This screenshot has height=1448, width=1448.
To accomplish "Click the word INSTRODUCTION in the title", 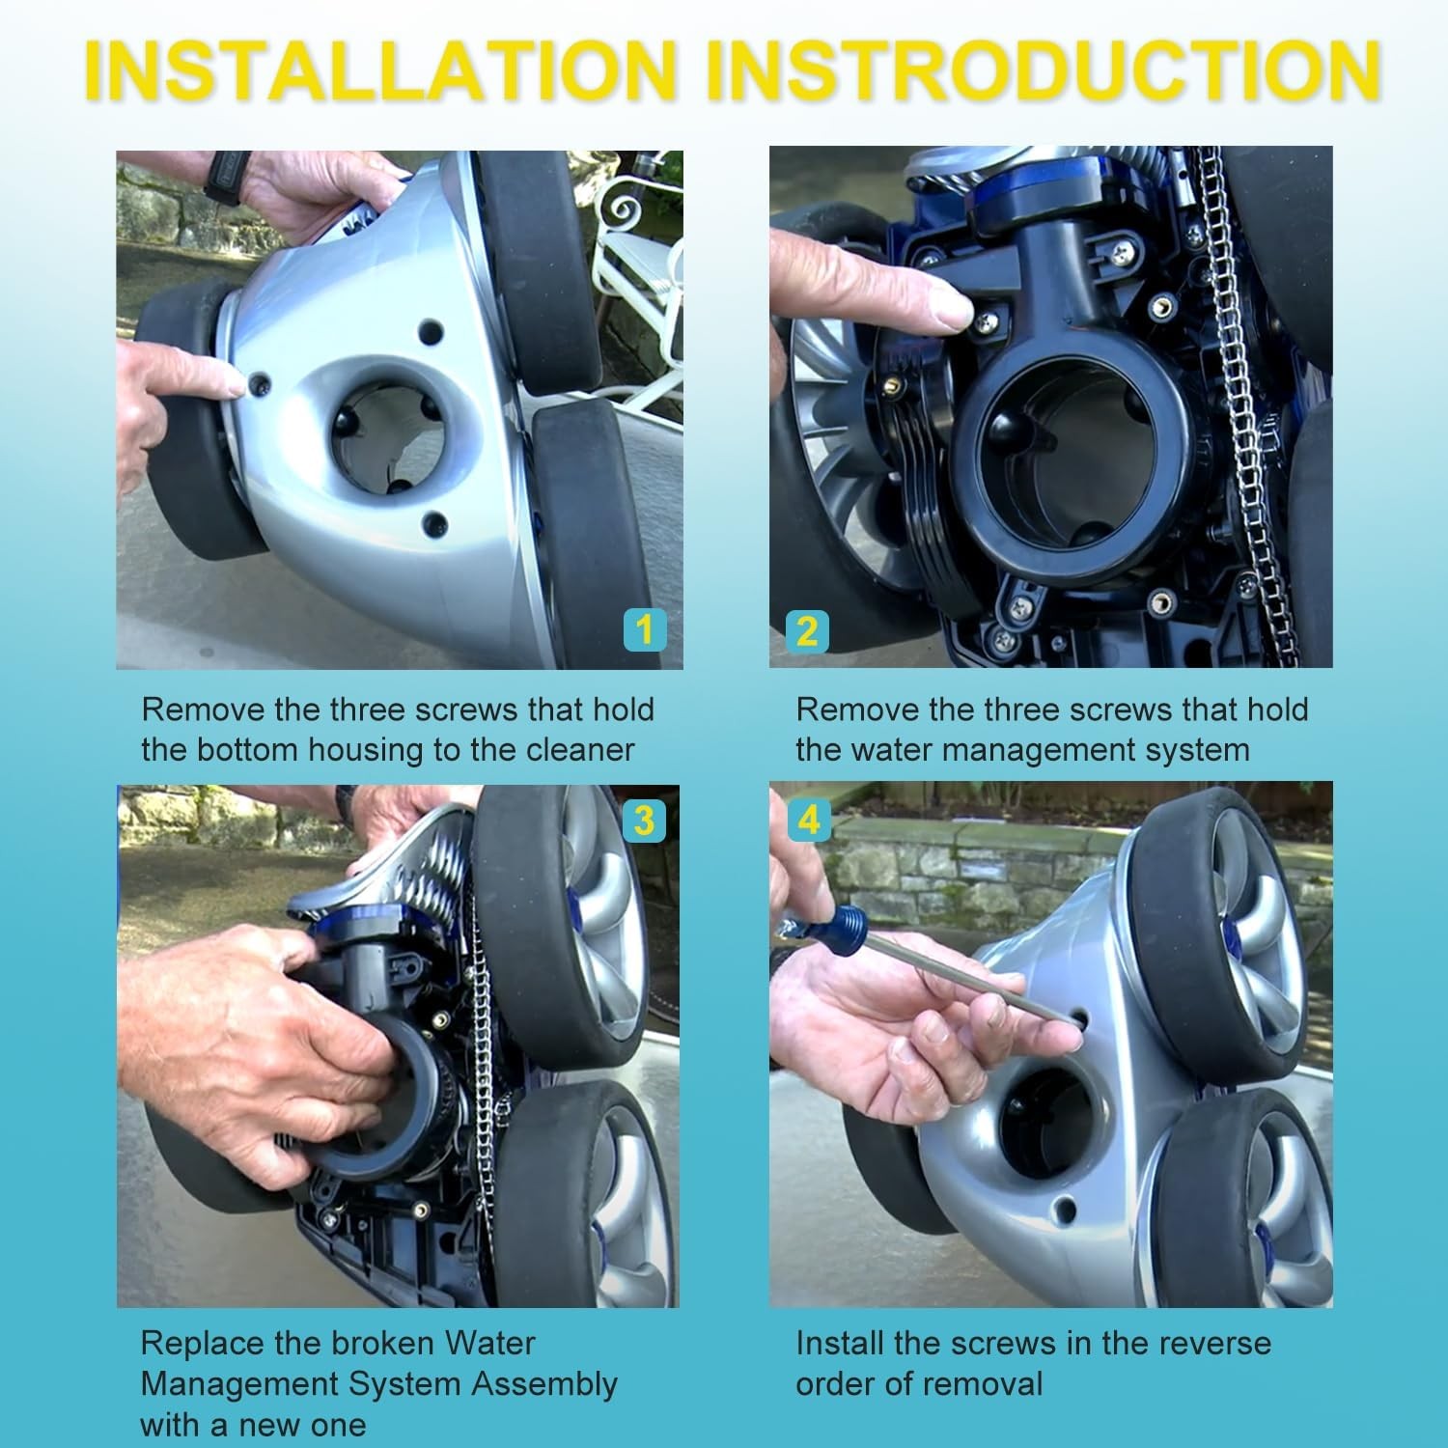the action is [x=1044, y=70].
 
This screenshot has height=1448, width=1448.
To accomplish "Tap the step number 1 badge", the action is [x=645, y=630].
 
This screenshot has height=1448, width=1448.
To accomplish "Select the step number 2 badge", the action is [x=807, y=631].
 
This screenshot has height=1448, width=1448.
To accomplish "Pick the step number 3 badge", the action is [x=643, y=821].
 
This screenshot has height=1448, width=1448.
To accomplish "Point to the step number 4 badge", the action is [x=809, y=821].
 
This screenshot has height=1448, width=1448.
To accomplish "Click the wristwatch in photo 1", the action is [x=228, y=176].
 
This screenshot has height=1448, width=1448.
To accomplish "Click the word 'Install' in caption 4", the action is [x=839, y=1343].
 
